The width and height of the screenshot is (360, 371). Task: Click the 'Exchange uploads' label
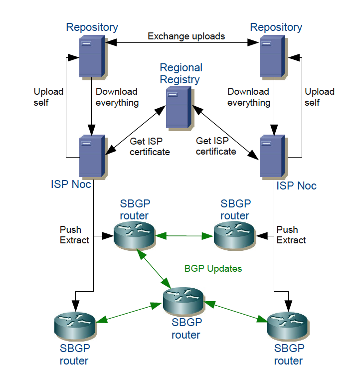pos(186,36)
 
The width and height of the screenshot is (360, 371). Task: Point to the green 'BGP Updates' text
pos(213,269)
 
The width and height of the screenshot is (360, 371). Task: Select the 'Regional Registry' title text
pos(180,73)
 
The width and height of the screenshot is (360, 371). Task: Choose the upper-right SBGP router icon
pos(234,235)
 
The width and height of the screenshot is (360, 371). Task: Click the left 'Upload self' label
pos(48,97)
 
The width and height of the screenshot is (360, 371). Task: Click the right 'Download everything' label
pos(249,97)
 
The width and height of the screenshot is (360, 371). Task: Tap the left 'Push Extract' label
pos(74,235)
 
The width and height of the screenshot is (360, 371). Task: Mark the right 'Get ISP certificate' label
pos(216,146)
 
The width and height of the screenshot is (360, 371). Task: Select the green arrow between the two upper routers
pos(184,235)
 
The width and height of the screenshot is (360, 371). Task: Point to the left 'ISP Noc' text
pos(71,184)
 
